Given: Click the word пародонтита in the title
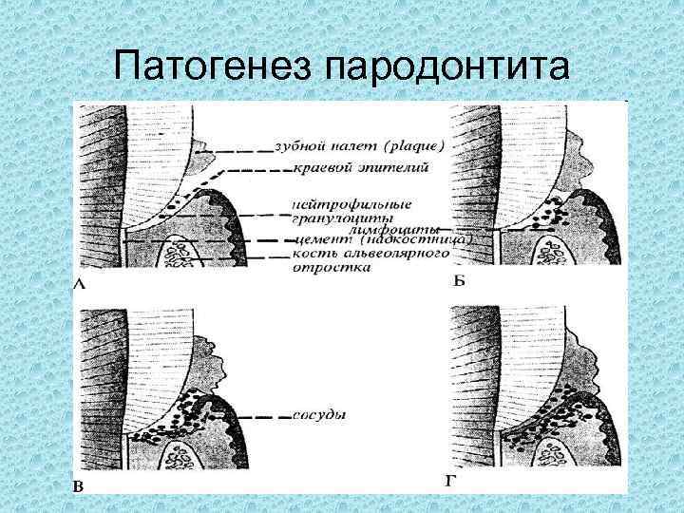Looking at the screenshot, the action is click(448, 67).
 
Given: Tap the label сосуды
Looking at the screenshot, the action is click(318, 415).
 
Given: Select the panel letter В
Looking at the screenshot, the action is click(81, 486).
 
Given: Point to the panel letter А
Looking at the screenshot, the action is click(79, 283).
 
